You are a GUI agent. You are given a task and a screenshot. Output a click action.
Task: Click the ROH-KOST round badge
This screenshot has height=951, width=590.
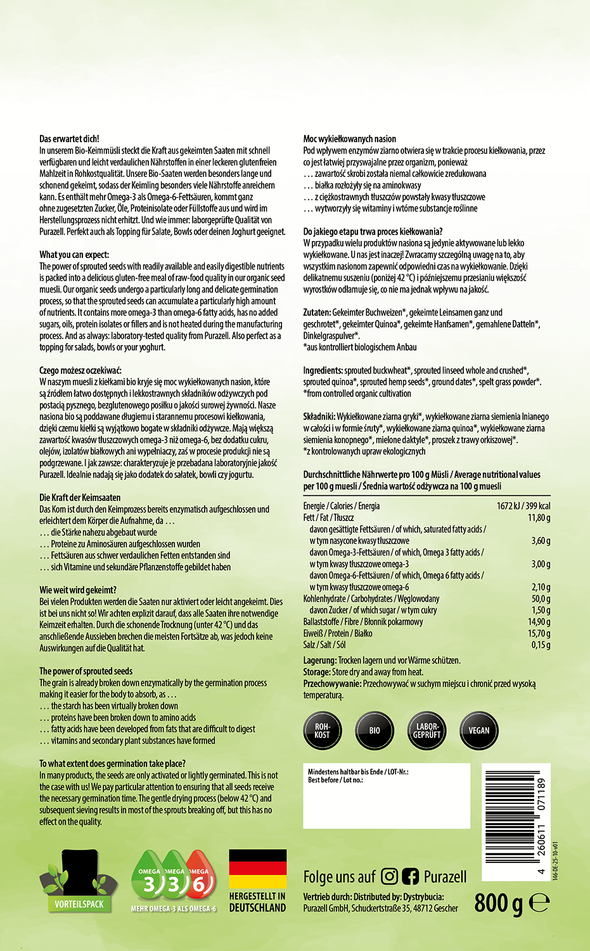pos(322,730)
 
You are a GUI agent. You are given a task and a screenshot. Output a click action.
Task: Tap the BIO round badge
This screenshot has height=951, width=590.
pos(375,730)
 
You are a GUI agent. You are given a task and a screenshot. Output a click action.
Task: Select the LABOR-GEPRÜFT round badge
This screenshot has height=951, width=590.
pos(426,730)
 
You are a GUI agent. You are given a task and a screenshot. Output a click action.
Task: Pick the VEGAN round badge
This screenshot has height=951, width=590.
pos(478,730)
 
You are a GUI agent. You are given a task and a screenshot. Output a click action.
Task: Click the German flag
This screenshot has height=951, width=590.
pos(257,869)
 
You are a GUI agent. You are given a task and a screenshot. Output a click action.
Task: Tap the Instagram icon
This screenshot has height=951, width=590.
pos(390,877)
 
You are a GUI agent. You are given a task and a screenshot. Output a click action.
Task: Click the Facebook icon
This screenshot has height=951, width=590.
pos(410,877)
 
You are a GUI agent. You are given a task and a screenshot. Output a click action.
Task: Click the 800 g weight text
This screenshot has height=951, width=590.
pos(498,902)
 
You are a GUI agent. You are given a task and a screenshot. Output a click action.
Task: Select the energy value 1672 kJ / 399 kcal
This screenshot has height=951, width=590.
pos(523,506)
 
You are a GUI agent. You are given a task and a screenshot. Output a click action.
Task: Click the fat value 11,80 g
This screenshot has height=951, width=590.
pos(539,518)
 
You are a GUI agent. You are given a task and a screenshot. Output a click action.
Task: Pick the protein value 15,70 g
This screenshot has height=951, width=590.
pos(539,633)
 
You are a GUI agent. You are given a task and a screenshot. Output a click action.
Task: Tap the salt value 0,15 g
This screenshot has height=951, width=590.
pos(541,645)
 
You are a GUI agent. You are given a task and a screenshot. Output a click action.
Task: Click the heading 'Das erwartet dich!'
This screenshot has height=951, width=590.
pos(70,139)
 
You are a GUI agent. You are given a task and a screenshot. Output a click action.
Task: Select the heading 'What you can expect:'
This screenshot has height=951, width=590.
pos(74,255)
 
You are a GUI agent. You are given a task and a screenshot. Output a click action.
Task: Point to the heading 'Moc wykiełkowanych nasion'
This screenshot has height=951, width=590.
pos(350,139)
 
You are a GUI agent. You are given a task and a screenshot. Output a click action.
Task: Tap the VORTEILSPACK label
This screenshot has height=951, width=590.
pos(79,904)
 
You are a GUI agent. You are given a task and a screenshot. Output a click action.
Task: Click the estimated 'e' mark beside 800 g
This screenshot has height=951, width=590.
pos(539,903)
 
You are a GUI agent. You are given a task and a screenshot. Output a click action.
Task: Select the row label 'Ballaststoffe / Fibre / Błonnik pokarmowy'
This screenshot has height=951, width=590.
pos(363,622)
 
